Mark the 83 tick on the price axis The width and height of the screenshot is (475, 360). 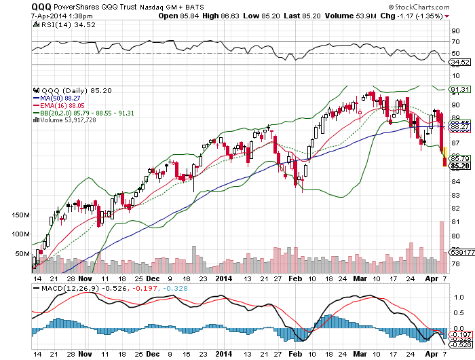tap(455, 194)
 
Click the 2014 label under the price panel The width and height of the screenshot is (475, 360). tap(225, 278)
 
